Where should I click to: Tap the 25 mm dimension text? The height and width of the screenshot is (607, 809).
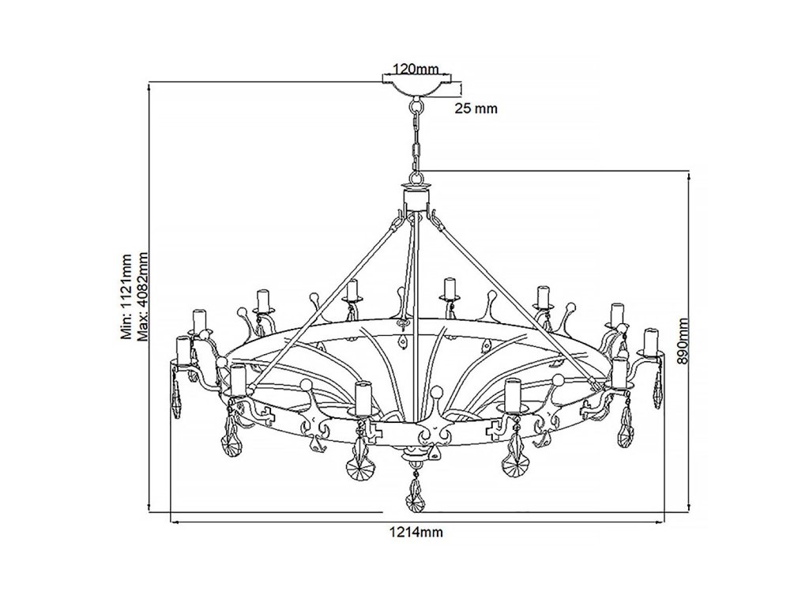point(476,109)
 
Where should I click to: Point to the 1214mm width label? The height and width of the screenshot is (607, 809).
point(416,533)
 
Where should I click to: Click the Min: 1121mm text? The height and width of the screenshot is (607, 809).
point(126,296)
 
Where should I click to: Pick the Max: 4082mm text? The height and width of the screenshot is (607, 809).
point(143,296)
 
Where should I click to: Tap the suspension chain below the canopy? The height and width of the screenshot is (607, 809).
point(417,142)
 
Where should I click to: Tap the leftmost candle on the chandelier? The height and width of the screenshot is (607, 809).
point(183,350)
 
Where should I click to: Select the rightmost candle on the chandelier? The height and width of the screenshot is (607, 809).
point(651,341)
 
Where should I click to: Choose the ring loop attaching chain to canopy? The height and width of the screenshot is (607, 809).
point(417,103)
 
